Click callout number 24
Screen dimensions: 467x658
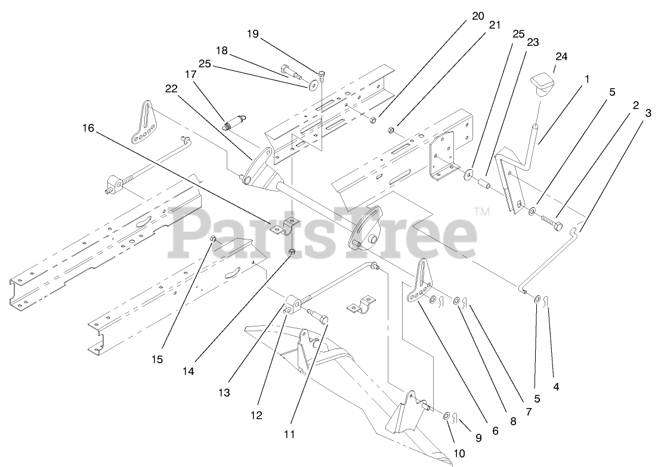[x=561, y=57]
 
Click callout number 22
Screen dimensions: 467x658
[x=172, y=89]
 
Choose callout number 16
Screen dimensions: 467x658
[x=88, y=128]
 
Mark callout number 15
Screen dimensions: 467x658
[x=157, y=360]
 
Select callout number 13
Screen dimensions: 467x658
[x=224, y=393]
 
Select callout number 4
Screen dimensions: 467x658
[x=556, y=386]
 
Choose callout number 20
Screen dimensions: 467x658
[x=478, y=16]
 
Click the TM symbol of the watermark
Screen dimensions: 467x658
[x=482, y=211]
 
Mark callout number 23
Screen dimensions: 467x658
[x=533, y=42]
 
